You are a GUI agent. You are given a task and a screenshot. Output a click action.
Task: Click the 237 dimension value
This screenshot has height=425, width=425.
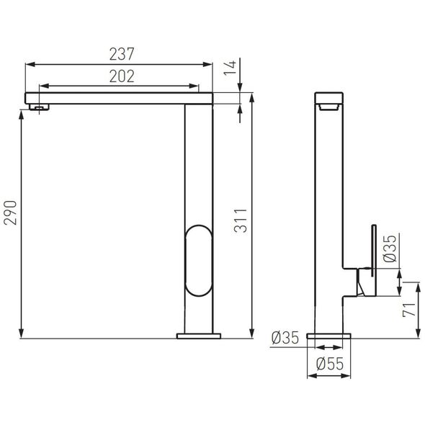(x=122, y=54)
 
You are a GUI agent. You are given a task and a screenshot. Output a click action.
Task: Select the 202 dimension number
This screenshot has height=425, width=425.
(x=122, y=76)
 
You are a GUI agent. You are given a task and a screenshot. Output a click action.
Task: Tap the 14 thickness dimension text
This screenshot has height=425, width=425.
(x=230, y=68)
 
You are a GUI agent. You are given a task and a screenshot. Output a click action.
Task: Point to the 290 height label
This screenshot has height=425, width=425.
(x=10, y=212)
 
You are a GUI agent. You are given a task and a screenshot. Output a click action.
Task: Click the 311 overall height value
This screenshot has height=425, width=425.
(x=241, y=220)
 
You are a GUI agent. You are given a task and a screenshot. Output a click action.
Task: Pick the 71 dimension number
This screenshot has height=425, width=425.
(x=409, y=309)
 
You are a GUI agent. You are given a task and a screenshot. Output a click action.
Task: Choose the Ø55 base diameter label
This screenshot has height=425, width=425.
(x=330, y=364)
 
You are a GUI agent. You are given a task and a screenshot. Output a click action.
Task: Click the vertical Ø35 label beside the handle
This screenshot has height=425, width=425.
(x=390, y=249)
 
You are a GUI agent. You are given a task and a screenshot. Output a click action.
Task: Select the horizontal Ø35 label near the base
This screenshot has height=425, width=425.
(x=285, y=338)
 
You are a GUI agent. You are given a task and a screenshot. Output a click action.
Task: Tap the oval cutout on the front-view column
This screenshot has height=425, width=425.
(x=199, y=225)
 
